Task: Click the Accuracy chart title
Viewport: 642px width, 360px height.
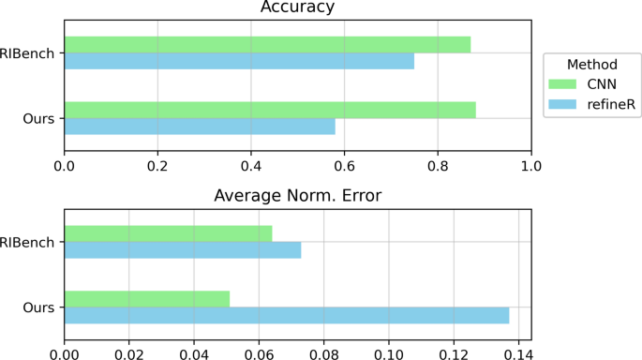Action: pos(297,8)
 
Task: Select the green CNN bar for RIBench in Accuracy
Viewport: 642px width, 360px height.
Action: pos(267,44)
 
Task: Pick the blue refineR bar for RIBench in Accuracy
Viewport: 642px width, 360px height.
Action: pos(239,61)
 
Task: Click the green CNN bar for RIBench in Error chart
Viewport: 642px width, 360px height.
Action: pos(169,233)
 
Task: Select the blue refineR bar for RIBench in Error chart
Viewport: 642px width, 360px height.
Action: pos(183,249)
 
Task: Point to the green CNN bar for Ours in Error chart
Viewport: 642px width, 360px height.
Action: pos(147,298)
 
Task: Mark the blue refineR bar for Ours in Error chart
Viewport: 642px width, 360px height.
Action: pos(287,315)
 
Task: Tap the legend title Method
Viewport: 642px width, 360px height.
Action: pos(590,65)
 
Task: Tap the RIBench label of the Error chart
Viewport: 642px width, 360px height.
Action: pos(29,242)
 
